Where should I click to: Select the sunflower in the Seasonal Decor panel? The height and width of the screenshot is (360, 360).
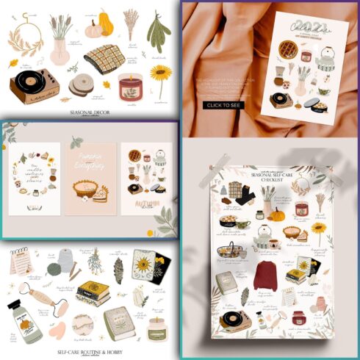pos(159,74)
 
